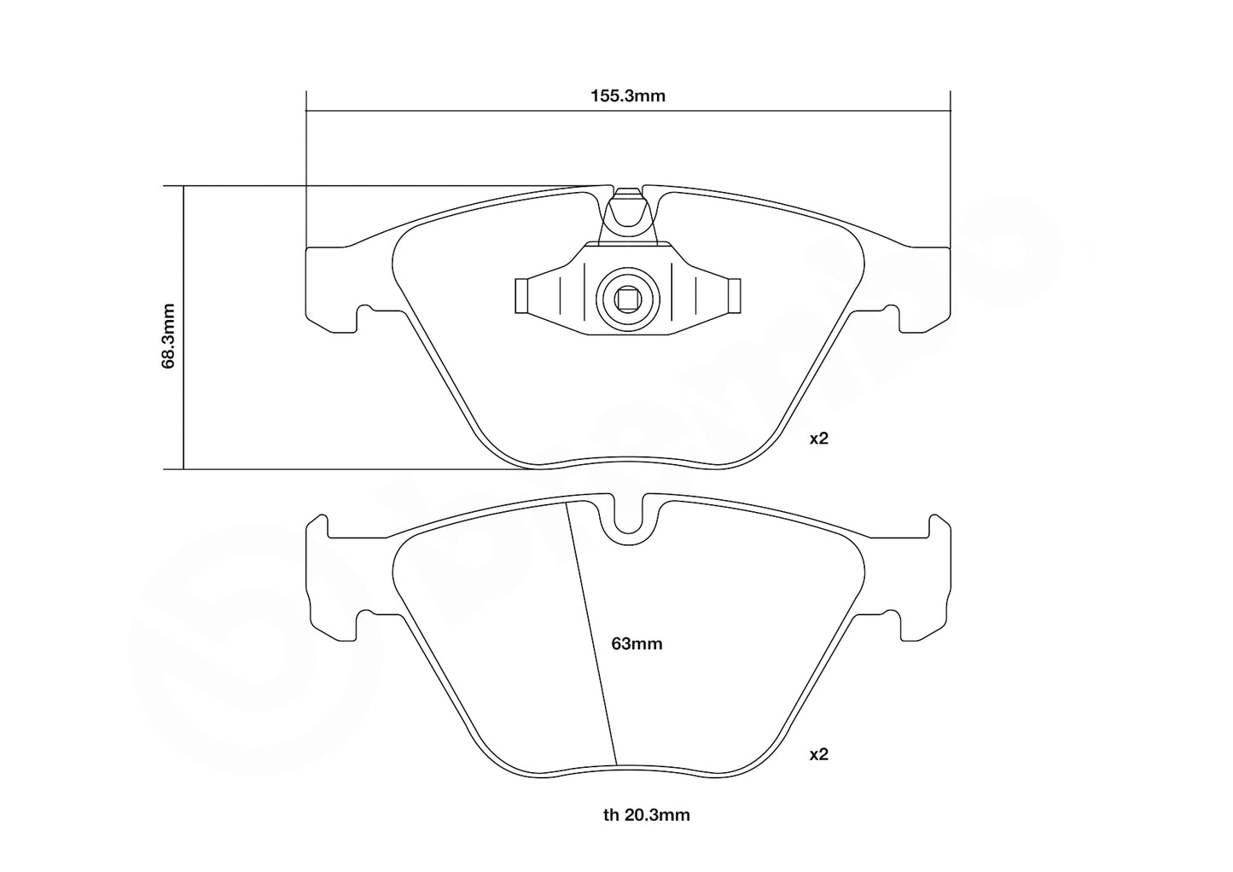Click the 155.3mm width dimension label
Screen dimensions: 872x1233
pos(628,96)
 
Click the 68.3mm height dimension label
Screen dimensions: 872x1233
pos(168,335)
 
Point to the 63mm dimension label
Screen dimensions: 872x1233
pos(637,644)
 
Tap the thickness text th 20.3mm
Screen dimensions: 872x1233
pos(646,815)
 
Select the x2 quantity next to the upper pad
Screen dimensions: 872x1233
pos(818,439)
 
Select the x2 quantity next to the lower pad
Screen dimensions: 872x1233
pos(818,754)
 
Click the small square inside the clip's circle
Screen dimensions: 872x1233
pos(627,299)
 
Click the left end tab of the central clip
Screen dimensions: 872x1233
pos(521,296)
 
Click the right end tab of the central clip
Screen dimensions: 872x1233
pos(734,296)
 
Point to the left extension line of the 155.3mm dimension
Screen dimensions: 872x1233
pos(305,171)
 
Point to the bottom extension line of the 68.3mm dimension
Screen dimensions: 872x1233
pos(341,468)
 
